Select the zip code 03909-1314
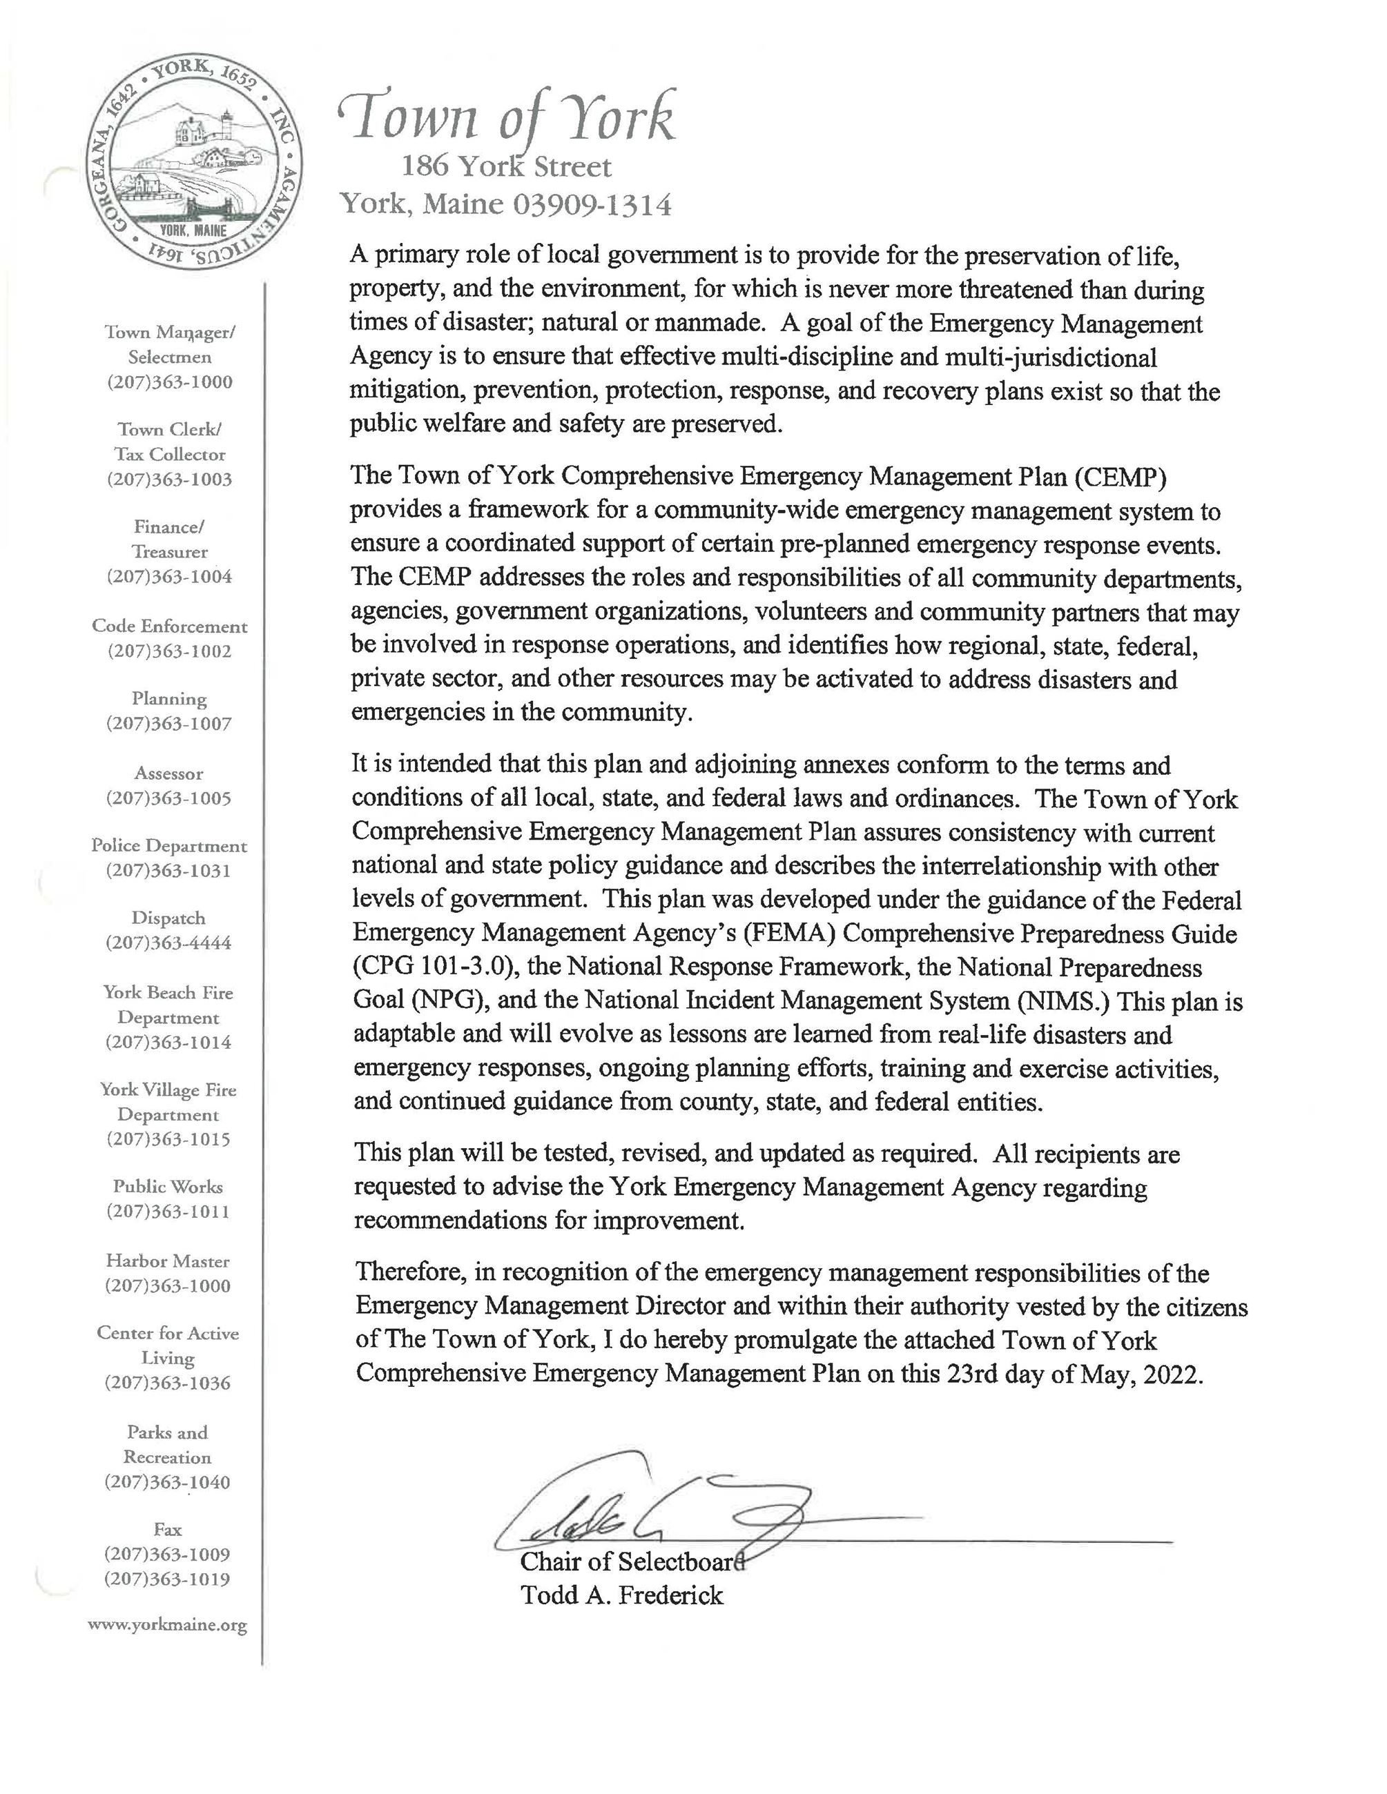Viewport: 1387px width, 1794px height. click(x=592, y=204)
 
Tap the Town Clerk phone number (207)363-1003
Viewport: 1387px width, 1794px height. click(x=169, y=479)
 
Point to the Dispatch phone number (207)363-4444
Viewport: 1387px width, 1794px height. click(x=168, y=942)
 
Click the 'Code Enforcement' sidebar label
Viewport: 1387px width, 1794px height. click(x=169, y=626)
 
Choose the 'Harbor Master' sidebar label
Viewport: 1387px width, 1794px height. click(x=168, y=1261)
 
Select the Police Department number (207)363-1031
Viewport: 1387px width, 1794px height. click(x=168, y=870)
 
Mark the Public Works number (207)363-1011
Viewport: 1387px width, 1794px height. click(x=168, y=1211)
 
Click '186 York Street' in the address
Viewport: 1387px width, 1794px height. click(x=506, y=168)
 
